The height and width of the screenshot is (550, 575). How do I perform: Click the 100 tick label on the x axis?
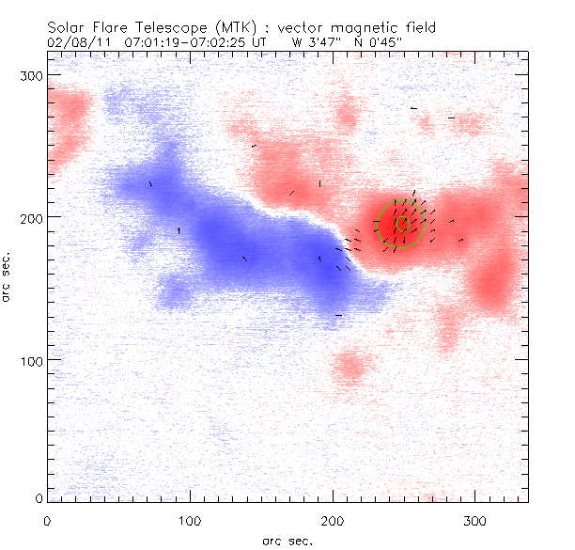(190, 520)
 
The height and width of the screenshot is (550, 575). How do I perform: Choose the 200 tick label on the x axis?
(333, 520)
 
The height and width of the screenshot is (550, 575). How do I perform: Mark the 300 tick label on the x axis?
(475, 520)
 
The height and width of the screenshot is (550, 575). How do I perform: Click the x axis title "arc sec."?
(287, 540)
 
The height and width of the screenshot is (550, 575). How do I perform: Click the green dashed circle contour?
(425, 224)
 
